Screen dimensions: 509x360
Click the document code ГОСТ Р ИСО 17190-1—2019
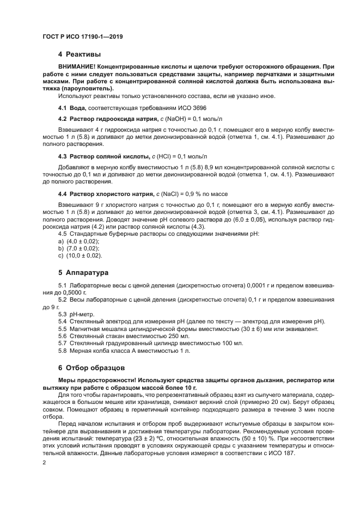coord(83,36)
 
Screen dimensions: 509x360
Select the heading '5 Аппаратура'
coord(83,273)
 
